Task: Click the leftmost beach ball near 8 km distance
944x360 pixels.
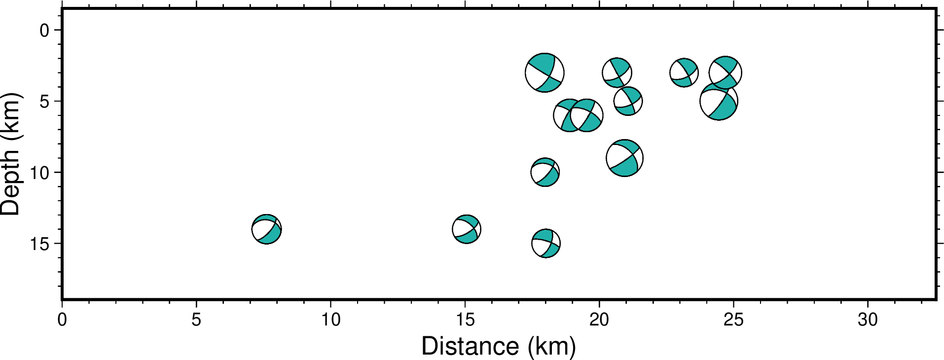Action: click(x=266, y=229)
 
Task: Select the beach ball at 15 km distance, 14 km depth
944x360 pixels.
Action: click(x=467, y=229)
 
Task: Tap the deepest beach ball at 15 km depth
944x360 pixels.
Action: click(x=546, y=244)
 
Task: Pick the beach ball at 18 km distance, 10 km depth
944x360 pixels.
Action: click(x=545, y=173)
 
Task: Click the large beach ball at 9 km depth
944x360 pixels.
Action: click(x=625, y=158)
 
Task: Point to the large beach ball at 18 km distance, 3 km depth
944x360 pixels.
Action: click(x=545, y=73)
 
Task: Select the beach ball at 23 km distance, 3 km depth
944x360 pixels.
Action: click(x=684, y=73)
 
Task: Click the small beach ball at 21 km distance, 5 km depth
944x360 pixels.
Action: click(x=628, y=101)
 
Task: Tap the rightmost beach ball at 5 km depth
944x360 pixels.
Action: click(x=719, y=102)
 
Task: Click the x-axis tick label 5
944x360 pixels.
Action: click(x=196, y=320)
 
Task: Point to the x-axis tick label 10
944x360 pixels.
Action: click(x=331, y=320)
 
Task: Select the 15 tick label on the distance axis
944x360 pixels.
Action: click(x=465, y=320)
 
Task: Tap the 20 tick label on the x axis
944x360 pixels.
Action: click(x=599, y=320)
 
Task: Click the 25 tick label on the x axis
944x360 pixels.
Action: click(x=733, y=320)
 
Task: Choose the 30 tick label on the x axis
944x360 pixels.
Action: click(x=868, y=320)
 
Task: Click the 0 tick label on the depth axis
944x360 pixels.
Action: click(x=44, y=31)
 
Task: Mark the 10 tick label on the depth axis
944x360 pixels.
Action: click(x=39, y=173)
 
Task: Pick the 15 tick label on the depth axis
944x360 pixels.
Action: click(x=39, y=244)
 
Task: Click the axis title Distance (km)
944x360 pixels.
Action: click(x=498, y=346)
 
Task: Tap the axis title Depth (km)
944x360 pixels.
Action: click(x=11, y=154)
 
